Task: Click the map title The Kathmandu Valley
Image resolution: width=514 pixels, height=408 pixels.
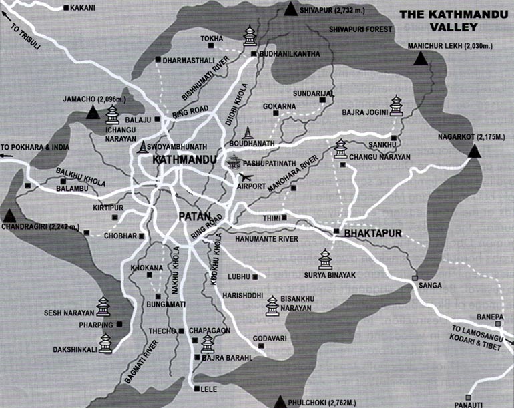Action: click(x=449, y=20)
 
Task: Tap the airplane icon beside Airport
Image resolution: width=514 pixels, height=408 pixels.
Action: click(x=246, y=177)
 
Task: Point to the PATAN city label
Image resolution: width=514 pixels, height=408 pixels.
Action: click(x=195, y=216)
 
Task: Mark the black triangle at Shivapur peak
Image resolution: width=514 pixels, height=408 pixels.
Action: click(x=290, y=9)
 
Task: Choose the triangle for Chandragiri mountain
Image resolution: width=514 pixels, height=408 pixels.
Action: click(x=9, y=216)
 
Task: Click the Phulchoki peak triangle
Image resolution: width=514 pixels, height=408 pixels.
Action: click(x=283, y=401)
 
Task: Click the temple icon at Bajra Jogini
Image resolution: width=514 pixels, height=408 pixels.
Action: click(x=397, y=106)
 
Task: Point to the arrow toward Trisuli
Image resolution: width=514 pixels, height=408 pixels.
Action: click(x=9, y=26)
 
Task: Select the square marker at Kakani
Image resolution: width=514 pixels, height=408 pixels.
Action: click(x=65, y=8)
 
